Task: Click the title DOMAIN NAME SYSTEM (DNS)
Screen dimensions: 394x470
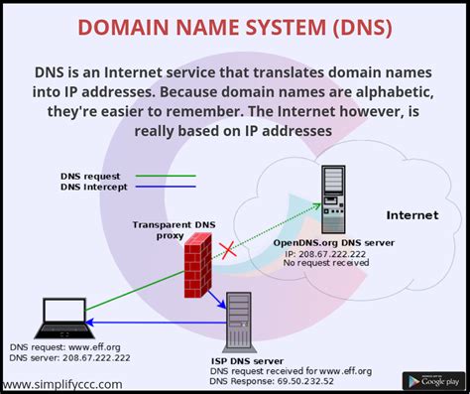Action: click(x=235, y=25)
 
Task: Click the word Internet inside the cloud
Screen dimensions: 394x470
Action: click(x=412, y=214)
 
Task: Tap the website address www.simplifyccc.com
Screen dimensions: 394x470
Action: click(x=62, y=383)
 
